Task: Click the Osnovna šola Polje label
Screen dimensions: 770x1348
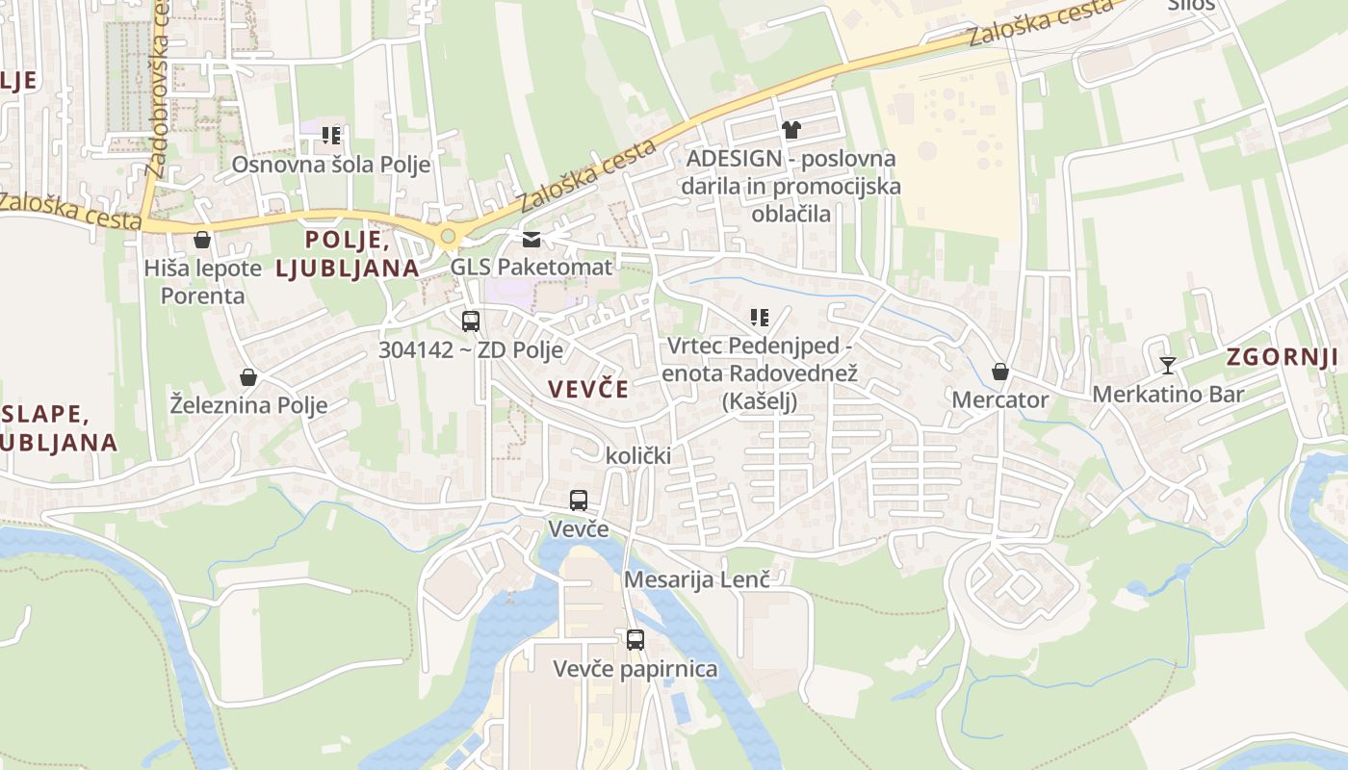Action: (x=330, y=165)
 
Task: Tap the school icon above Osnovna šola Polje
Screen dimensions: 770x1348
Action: (x=330, y=136)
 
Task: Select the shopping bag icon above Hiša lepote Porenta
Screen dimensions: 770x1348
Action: (x=202, y=240)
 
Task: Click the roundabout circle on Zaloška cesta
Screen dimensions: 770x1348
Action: (x=447, y=236)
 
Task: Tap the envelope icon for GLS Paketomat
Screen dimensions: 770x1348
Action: (x=531, y=240)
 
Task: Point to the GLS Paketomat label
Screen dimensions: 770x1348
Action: (x=531, y=267)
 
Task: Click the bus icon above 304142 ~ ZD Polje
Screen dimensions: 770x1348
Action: (x=471, y=321)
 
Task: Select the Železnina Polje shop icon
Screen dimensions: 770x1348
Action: (x=248, y=377)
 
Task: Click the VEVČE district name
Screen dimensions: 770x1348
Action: (x=587, y=389)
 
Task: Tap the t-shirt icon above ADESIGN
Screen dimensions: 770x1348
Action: (x=791, y=130)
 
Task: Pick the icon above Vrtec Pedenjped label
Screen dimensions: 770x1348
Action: (x=760, y=317)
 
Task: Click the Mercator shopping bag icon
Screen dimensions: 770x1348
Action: (x=1000, y=372)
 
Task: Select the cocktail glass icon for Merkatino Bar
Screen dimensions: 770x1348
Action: (x=1168, y=366)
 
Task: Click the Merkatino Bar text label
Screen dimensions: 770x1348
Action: (x=1168, y=394)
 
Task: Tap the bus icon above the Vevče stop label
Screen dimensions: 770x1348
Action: (x=578, y=500)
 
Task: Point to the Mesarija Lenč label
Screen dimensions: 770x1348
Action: (x=697, y=579)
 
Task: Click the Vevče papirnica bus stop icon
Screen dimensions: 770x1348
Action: (x=635, y=640)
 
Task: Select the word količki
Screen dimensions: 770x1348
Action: (x=637, y=455)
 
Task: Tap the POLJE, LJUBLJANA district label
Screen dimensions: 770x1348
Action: (x=348, y=253)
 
